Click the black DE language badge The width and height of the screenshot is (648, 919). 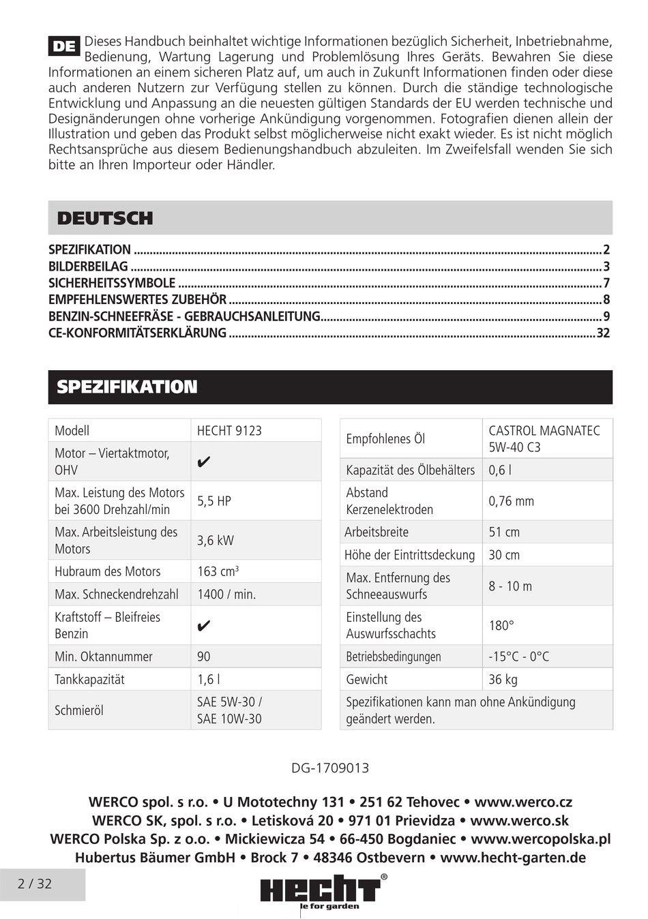[64, 46]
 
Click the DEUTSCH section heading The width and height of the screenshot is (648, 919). [105, 219]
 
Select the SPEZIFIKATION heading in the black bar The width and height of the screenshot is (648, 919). [127, 387]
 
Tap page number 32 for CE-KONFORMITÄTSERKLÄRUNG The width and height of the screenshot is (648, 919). [603, 333]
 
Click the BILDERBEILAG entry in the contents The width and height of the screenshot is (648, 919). [88, 267]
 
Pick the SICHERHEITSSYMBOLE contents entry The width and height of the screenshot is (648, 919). [112, 283]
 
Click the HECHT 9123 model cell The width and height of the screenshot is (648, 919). [229, 431]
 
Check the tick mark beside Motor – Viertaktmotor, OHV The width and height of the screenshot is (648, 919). [203, 462]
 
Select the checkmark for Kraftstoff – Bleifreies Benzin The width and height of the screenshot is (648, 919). [203, 626]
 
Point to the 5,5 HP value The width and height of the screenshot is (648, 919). [214, 501]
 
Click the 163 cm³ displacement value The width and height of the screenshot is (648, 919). [218, 571]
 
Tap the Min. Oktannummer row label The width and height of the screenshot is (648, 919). [104, 657]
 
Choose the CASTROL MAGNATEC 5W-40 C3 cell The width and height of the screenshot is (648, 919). [544, 439]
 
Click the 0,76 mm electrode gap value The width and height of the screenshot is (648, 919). [511, 501]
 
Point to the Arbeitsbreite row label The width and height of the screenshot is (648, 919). [377, 532]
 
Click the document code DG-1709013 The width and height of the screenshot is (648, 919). [330, 768]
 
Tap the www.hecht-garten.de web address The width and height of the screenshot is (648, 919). [513, 858]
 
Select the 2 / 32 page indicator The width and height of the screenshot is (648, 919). [35, 884]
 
